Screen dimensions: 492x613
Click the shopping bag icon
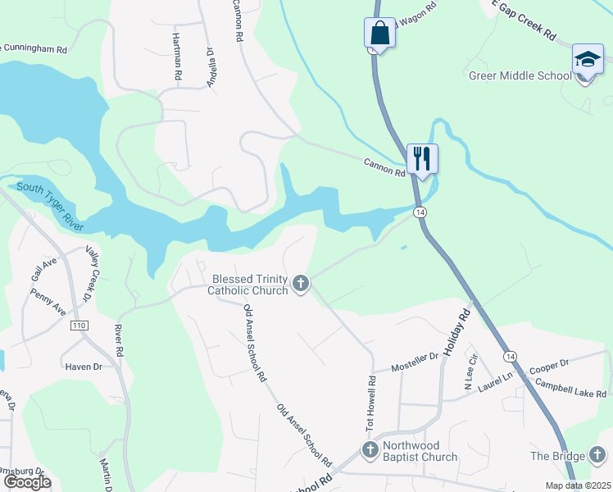(379, 34)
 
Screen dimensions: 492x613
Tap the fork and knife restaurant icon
(422, 158)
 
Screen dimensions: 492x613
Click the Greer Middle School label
(520, 76)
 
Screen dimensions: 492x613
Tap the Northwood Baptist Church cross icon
(370, 449)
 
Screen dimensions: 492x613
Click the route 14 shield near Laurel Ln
(510, 357)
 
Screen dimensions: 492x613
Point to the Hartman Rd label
(177, 57)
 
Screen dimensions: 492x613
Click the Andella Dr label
(211, 66)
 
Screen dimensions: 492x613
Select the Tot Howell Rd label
(370, 406)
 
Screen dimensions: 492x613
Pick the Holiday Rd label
(459, 331)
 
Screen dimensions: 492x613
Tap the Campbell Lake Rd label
(570, 388)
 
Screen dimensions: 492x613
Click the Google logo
(26, 481)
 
